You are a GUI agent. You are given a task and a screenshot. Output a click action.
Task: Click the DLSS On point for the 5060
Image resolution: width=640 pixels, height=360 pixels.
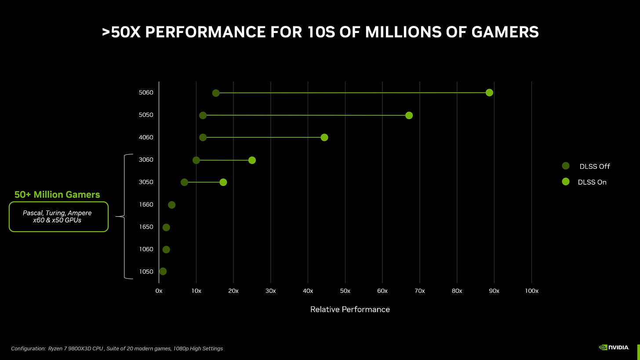[x=489, y=93]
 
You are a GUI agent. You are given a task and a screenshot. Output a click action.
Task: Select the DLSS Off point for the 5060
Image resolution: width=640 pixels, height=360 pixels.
[x=216, y=93]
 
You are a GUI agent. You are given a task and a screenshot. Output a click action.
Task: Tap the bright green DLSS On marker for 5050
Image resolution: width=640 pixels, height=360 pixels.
[x=409, y=116]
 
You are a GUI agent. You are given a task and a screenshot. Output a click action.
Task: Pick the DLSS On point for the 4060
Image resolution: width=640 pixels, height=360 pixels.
[x=324, y=138]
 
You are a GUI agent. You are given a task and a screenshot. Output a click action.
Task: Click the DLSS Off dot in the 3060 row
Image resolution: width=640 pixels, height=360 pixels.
[x=196, y=160]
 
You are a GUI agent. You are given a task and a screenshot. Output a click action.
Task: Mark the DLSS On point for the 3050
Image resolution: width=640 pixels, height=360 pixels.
[x=223, y=182]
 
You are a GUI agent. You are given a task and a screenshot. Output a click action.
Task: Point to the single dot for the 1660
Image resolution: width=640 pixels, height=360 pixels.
[x=171, y=205]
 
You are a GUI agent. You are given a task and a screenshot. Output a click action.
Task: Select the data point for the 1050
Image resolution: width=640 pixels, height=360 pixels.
[x=163, y=272]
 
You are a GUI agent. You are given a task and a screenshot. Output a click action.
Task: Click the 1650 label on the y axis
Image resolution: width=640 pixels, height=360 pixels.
[x=145, y=227]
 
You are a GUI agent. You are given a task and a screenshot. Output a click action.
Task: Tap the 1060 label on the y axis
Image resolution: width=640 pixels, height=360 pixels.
[x=145, y=249]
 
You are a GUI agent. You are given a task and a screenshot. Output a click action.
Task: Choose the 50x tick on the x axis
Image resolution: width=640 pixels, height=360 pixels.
[x=345, y=291]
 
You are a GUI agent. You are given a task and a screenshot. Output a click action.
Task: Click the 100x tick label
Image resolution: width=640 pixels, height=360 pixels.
[x=531, y=291]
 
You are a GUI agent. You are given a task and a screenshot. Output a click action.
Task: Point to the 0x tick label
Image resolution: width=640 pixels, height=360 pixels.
[x=159, y=291]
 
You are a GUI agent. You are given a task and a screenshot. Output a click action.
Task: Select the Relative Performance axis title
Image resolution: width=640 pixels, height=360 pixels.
[x=350, y=309]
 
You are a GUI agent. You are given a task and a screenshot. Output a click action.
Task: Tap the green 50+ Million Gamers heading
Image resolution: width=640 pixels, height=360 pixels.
[x=57, y=194]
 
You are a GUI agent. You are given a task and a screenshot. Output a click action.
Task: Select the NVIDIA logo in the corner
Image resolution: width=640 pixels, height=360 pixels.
[x=614, y=347]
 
